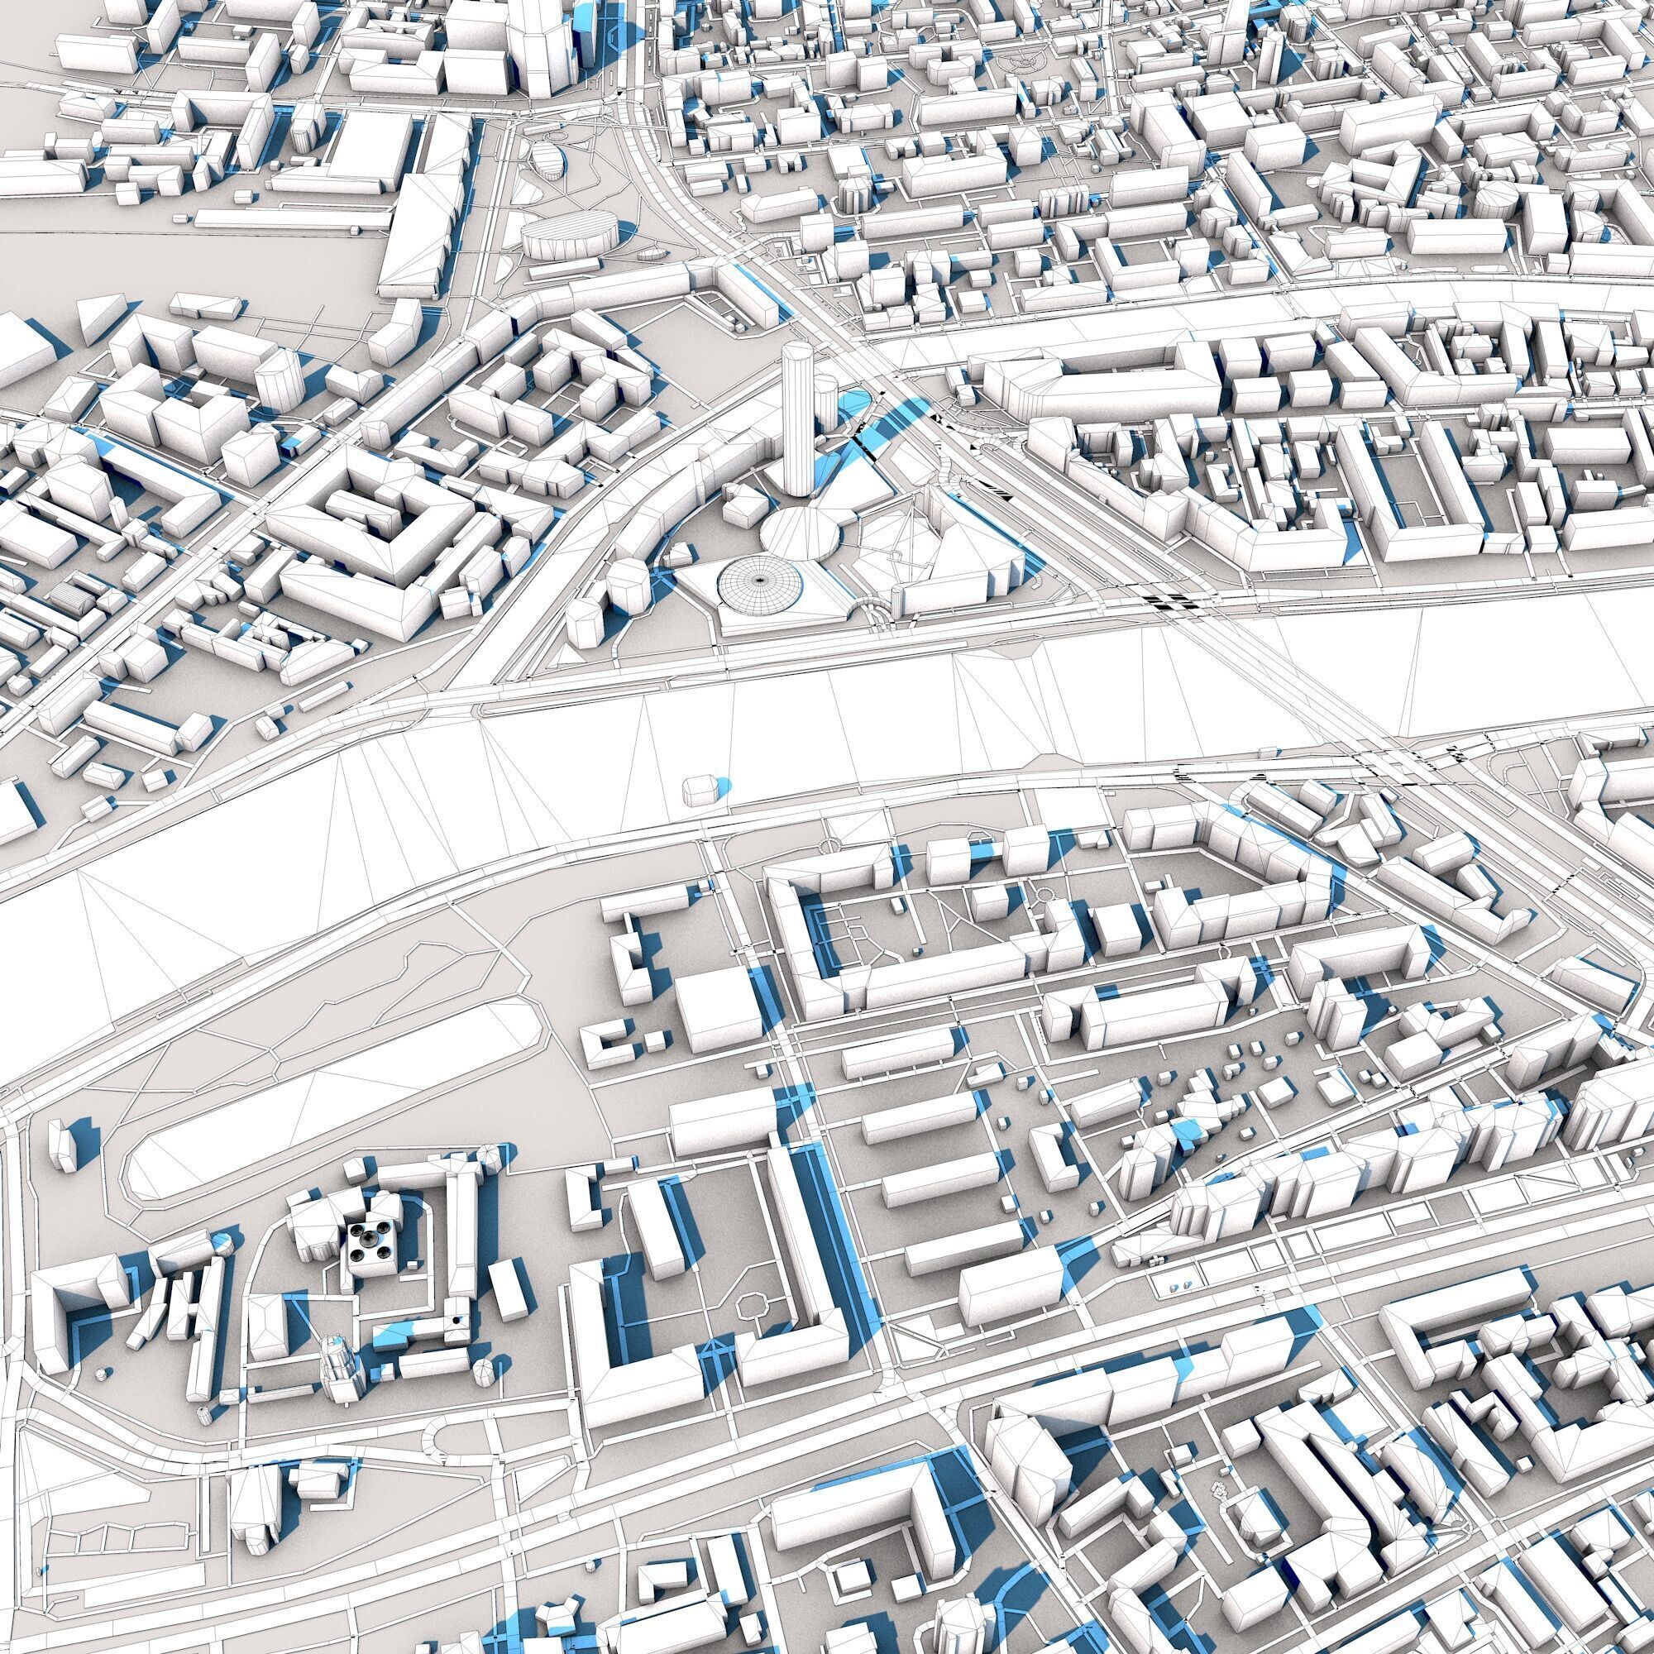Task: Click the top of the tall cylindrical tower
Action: [x=796, y=350]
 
